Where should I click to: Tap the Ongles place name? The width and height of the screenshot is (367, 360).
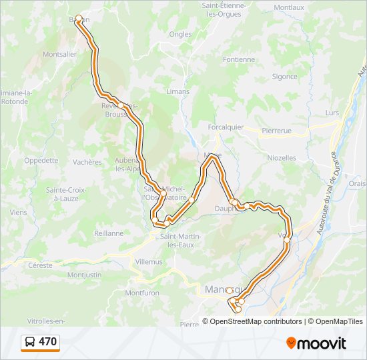[x=180, y=34]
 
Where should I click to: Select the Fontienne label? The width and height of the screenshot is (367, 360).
[x=239, y=59]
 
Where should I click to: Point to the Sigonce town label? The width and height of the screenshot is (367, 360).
[x=284, y=77]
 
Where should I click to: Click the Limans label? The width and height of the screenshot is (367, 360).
[x=177, y=91]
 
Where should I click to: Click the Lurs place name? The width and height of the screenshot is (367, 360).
[x=332, y=113]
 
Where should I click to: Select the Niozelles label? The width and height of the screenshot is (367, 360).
[x=282, y=158]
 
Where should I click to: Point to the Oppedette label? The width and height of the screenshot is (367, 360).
[x=41, y=161]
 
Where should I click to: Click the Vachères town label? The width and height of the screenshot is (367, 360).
[x=87, y=162]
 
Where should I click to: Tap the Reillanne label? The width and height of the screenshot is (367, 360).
[x=109, y=233]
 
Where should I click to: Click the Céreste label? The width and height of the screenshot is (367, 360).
[x=40, y=265]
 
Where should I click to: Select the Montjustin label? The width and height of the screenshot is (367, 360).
[x=85, y=275]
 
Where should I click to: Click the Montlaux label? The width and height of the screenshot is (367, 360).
[x=288, y=7]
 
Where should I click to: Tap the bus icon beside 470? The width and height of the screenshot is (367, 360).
[x=30, y=343]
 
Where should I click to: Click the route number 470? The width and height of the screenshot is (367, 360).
[x=47, y=343]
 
